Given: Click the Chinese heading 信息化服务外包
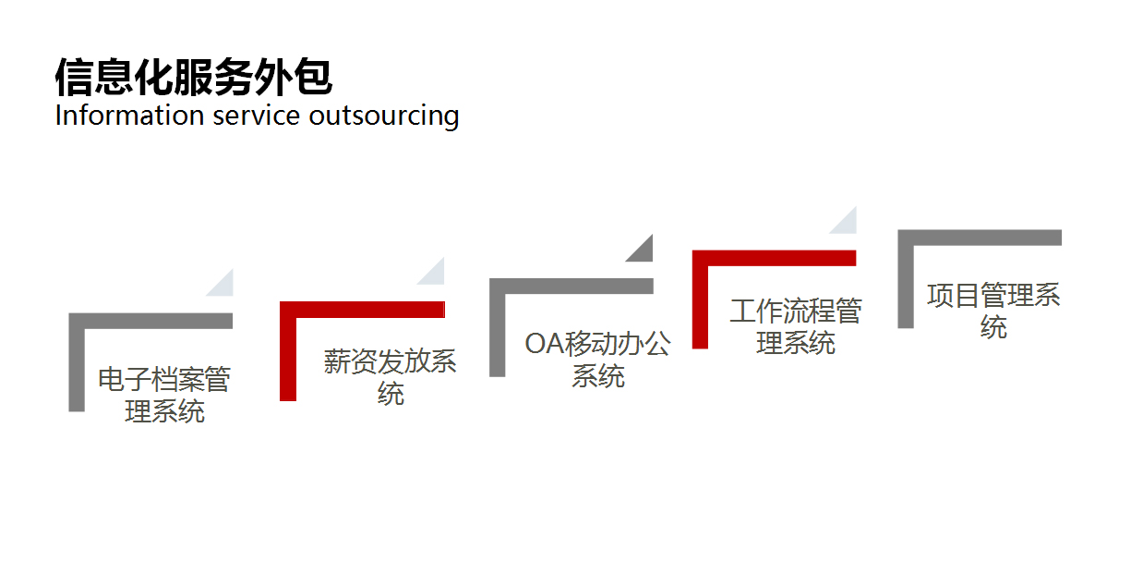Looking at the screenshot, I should coord(193,78).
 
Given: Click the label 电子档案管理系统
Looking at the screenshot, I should coord(164,396).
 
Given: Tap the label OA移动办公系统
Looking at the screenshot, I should coord(597,360).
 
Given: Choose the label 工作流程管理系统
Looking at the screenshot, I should coord(795,326).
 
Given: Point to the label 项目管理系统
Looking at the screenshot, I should coord(993,311).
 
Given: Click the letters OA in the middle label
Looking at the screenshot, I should coord(545,344).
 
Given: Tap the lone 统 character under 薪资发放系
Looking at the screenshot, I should coord(391,394).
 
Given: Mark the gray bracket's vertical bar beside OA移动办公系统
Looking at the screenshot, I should coord(498,333).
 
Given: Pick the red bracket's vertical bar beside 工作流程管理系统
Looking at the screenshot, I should coord(700,305).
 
